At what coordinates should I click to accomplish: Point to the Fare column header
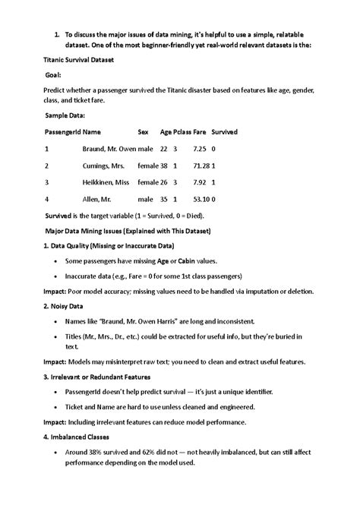tap(201, 131)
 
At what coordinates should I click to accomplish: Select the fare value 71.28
tap(201, 166)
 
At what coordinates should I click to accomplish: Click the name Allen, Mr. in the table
tap(99, 199)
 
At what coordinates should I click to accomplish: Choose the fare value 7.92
tap(201, 182)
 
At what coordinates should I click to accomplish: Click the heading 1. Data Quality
tap(109, 246)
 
